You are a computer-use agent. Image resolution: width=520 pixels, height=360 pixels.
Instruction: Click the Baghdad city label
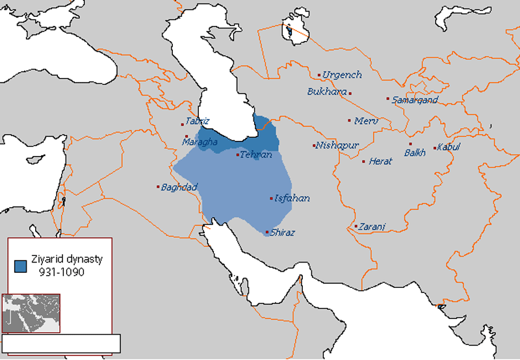179,187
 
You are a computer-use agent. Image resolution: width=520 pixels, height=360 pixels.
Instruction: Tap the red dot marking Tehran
237,155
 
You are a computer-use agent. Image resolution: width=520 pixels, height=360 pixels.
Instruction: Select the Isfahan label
292,198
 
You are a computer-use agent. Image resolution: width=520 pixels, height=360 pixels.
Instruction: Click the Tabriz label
198,121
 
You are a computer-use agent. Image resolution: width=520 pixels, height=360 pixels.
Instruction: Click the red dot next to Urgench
319,75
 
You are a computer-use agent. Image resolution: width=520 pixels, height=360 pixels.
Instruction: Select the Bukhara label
326,92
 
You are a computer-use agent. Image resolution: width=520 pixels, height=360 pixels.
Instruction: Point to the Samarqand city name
415,99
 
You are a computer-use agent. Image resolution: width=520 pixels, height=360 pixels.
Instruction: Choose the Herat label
380,161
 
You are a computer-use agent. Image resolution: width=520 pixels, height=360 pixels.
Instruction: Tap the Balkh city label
415,153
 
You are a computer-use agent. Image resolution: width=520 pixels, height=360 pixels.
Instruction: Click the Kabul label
448,148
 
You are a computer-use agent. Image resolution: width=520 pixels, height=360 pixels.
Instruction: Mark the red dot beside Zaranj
356,227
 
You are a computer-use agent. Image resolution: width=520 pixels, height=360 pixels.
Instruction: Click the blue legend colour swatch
20,265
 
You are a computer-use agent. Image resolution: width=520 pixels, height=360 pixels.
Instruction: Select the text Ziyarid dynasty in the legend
68,259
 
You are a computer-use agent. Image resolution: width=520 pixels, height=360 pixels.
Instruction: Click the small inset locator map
31,313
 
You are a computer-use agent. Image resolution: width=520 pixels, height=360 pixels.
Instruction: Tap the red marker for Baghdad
158,187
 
